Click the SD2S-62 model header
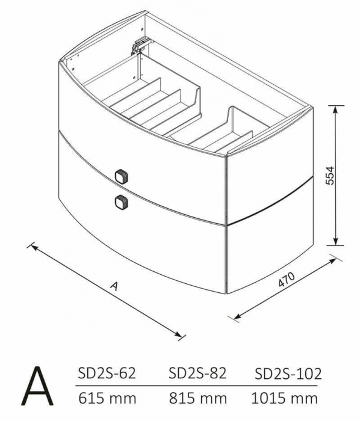(107, 373)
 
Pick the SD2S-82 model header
(198, 373)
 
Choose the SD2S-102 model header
(288, 373)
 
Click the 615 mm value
(107, 398)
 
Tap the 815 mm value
(198, 398)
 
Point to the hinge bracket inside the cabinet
(140, 44)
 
